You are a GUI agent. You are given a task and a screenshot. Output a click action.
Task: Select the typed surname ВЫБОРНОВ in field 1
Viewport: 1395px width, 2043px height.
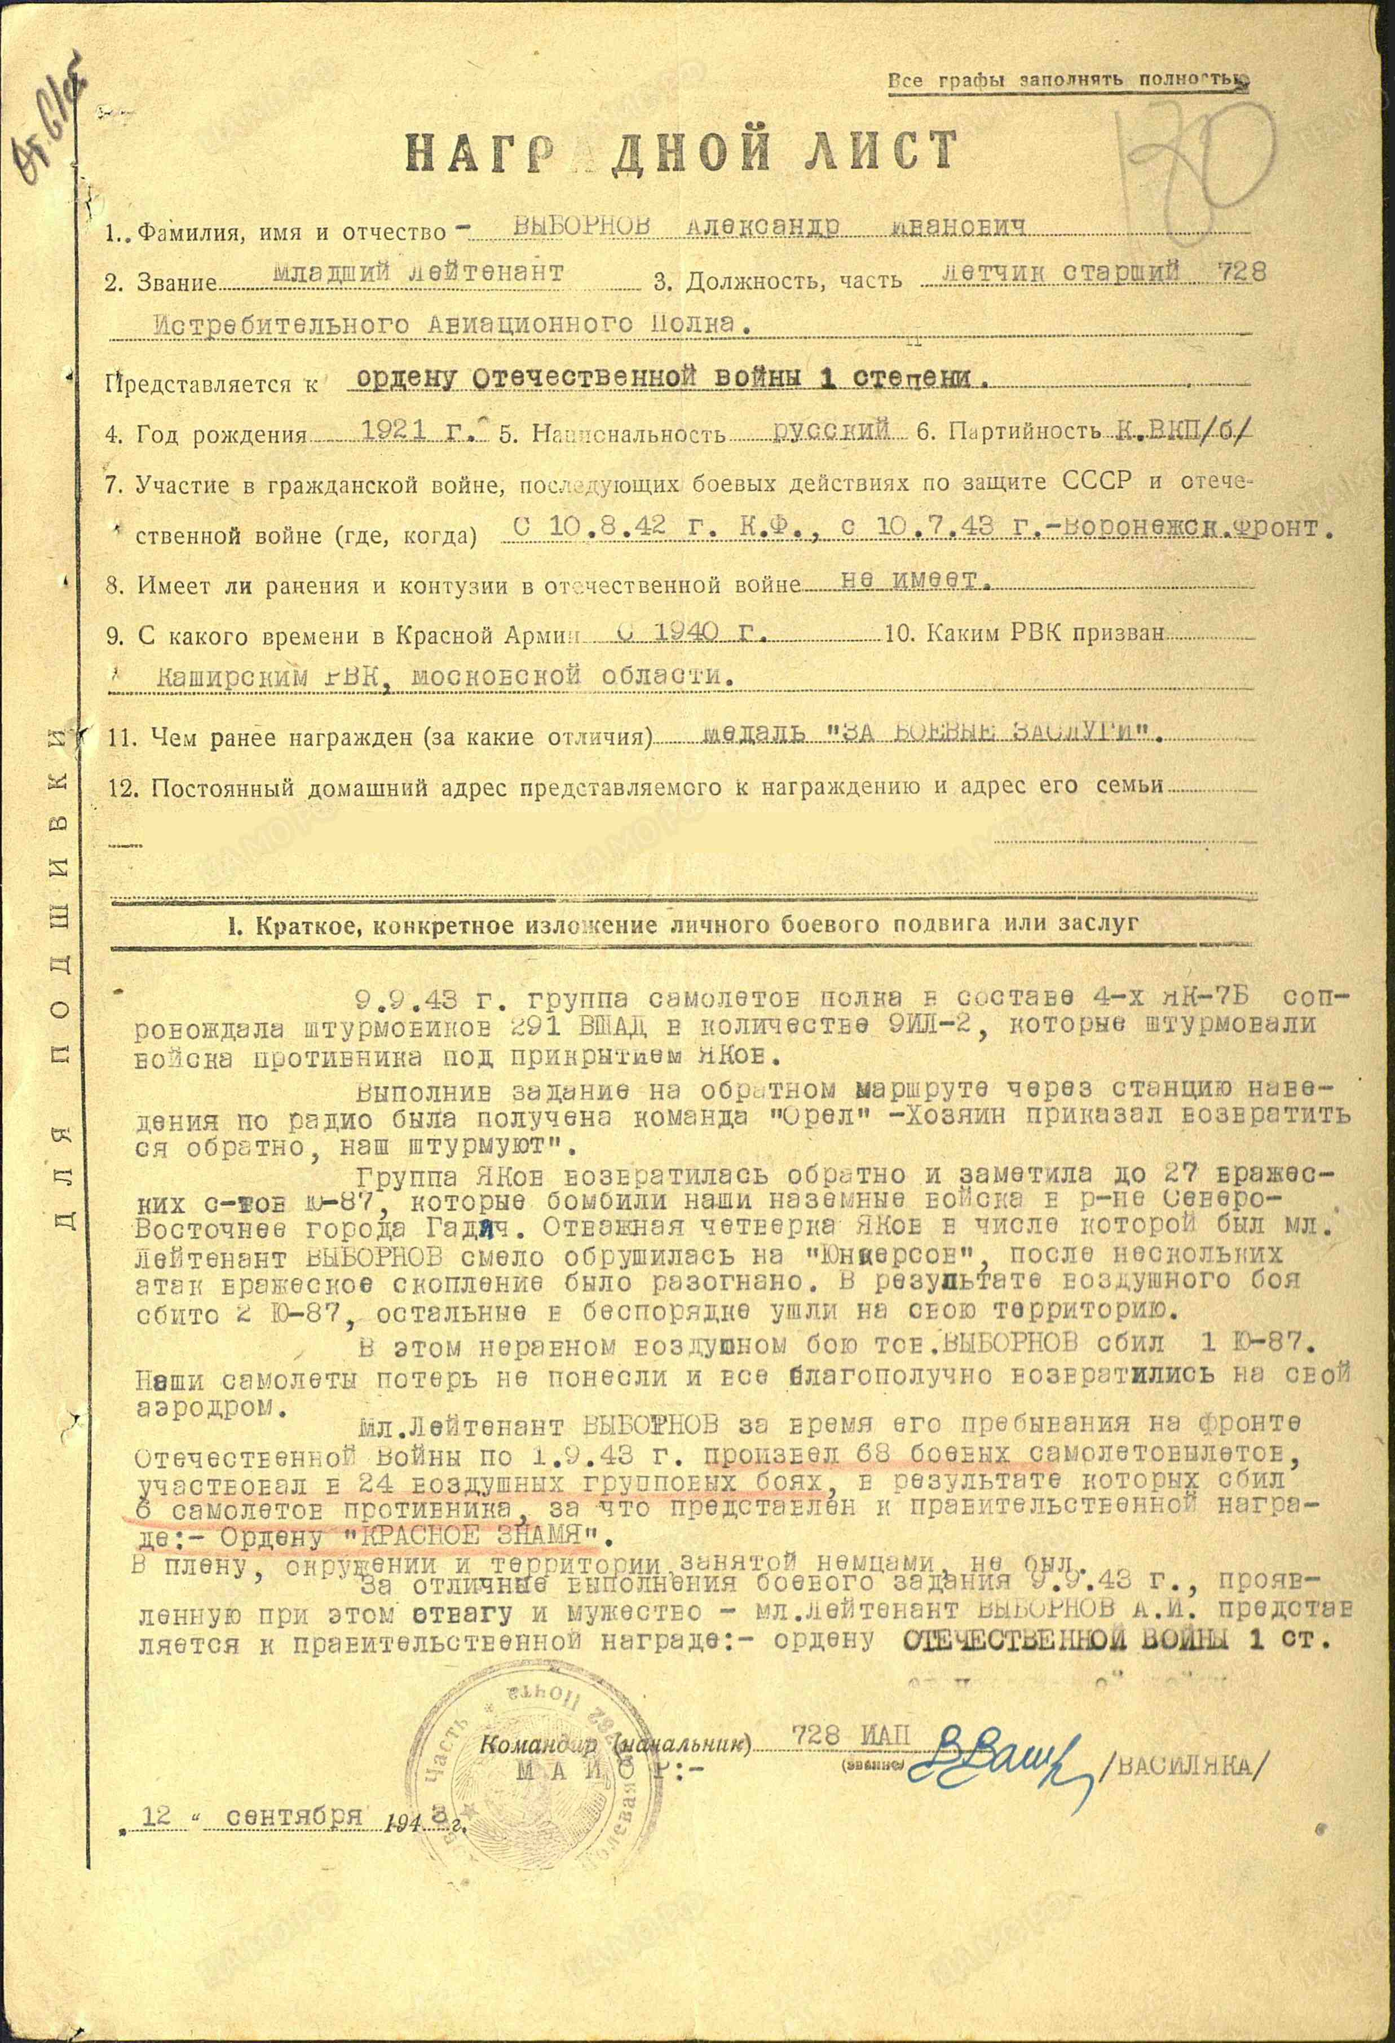[x=582, y=226]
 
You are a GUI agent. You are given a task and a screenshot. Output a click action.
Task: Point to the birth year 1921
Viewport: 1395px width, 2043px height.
[x=396, y=430]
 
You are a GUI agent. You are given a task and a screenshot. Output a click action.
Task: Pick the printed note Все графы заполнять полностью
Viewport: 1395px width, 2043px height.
[x=1067, y=80]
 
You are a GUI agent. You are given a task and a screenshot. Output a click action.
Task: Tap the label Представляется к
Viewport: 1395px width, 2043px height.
[x=210, y=384]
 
